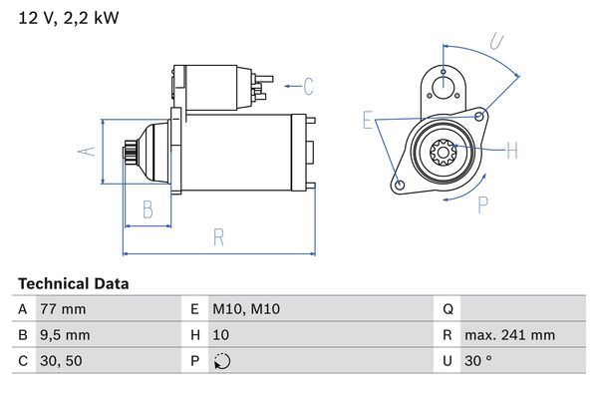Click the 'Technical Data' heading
pos(73,283)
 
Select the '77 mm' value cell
pos(63,309)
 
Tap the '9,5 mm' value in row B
pos(65,335)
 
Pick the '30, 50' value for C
pos(59,361)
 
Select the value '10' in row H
pos(220,335)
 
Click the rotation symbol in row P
pos(220,361)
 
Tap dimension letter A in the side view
pos(87,151)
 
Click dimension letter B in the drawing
pos(148,208)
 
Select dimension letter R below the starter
pos(217,237)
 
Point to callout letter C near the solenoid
pos(308,86)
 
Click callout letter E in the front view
pos(368,121)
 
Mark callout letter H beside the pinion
pos(511,151)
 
